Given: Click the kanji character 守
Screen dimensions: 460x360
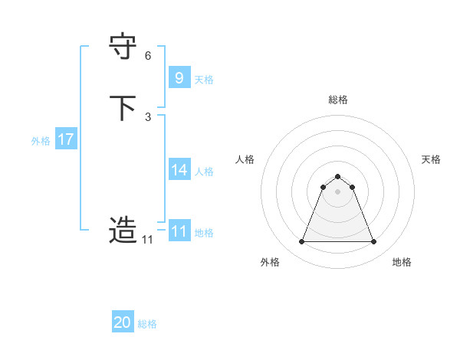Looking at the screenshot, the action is (x=123, y=47).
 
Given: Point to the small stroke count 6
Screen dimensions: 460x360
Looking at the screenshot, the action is (x=148, y=56).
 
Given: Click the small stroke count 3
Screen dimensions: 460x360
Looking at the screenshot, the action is (x=148, y=116).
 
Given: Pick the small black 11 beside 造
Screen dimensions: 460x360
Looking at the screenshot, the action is (x=147, y=240).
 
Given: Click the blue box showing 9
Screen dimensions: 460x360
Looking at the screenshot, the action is (x=179, y=77).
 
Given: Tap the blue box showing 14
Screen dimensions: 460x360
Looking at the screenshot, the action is (x=179, y=169).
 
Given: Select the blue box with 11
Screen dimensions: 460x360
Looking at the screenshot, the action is (x=179, y=231).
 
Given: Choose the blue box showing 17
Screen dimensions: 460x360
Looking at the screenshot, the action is (x=66, y=139).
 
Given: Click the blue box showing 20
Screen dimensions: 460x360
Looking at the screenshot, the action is (x=123, y=322).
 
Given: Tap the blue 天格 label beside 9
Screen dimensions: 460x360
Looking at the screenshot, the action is (x=204, y=80).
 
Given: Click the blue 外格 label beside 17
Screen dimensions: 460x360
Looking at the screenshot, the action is (x=41, y=141).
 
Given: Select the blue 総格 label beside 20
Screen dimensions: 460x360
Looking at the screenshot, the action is (x=147, y=325).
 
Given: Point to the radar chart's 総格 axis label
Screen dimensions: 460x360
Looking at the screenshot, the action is (x=338, y=100).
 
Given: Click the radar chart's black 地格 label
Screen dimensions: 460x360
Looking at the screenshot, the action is (x=402, y=262).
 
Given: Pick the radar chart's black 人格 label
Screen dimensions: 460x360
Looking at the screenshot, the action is (x=245, y=159).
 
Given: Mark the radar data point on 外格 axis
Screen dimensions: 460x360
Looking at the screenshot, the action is (x=301, y=242).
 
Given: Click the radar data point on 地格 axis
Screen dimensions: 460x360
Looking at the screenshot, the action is (x=374, y=242).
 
